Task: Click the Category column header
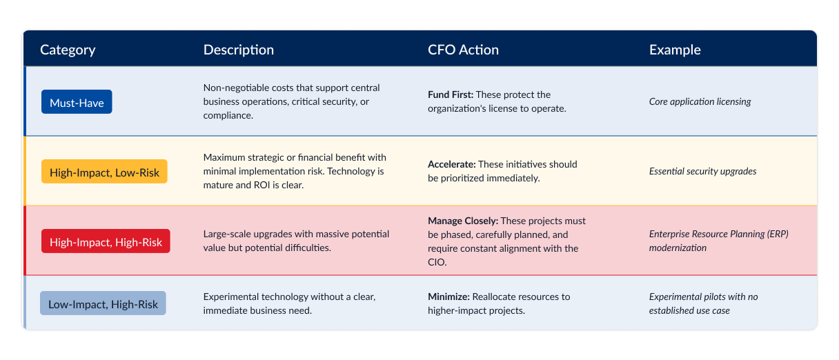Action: coord(68,50)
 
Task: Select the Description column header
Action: coord(239,50)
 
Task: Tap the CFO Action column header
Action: coord(464,50)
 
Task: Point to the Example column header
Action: coord(675,50)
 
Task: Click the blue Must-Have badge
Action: coord(77,102)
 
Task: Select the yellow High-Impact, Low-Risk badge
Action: coord(104,172)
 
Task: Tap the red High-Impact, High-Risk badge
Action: coord(106,241)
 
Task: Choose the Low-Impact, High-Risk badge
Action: coord(103,303)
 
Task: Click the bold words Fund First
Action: coord(451,94)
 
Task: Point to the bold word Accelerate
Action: coord(452,164)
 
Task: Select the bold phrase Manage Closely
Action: coord(463,221)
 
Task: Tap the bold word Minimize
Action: coord(448,297)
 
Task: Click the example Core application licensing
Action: coord(700,102)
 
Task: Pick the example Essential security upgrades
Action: coord(702,172)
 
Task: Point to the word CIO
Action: coord(437,262)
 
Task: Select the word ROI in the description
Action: coord(261,186)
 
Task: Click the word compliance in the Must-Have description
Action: coord(228,116)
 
